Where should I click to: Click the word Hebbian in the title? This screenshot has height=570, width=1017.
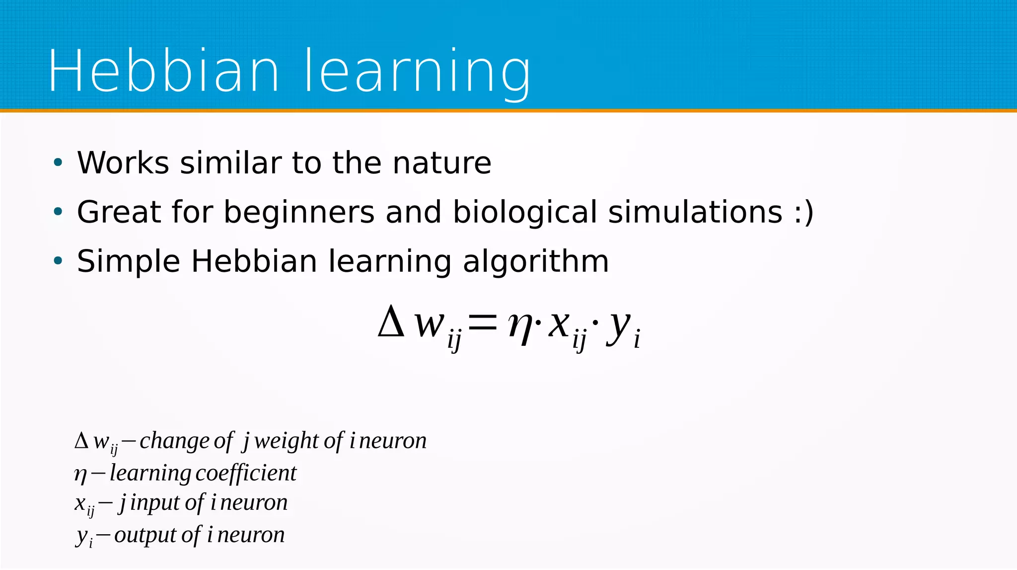click(164, 71)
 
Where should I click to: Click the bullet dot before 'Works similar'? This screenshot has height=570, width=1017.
click(58, 163)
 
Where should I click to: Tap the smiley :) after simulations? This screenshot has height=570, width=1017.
click(803, 213)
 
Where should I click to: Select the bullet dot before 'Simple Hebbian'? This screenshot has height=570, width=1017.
click(58, 261)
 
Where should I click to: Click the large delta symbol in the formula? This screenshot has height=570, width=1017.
click(391, 322)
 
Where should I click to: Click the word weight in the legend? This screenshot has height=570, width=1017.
click(286, 441)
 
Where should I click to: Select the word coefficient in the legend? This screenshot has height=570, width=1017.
click(246, 473)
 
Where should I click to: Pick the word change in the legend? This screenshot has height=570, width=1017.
click(174, 441)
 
